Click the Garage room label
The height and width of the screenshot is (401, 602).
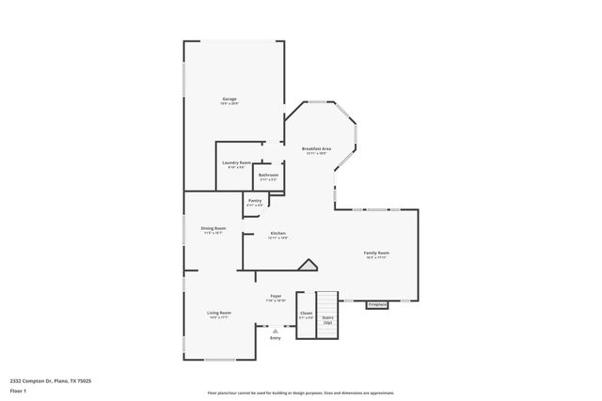[229, 99]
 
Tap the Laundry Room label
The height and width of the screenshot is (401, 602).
[236, 163]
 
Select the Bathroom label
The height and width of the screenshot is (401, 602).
[269, 175]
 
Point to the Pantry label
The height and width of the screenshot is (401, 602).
[255, 200]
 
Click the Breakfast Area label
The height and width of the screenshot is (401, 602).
[315, 149]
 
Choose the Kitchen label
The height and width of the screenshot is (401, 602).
[277, 234]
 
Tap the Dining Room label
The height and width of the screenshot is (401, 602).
[214, 229]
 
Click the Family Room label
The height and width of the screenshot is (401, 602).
[377, 254]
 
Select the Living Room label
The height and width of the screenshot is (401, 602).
[219, 313]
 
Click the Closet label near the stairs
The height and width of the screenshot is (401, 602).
[306, 315]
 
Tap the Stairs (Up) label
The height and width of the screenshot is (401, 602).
[327, 319]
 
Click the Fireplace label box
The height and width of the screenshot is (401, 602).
[376, 304]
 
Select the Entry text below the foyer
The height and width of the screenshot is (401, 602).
[276, 338]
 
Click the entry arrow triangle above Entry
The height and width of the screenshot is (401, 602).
[276, 331]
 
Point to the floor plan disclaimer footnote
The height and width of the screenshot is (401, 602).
[301, 393]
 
